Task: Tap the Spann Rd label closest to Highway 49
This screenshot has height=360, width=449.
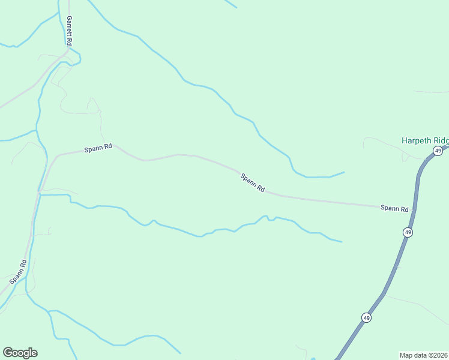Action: pyautogui.click(x=394, y=208)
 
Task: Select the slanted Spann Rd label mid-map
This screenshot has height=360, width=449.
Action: pyautogui.click(x=252, y=182)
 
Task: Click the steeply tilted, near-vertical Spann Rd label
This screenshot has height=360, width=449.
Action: pyautogui.click(x=19, y=272)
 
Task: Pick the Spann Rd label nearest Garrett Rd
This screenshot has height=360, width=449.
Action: pyautogui.click(x=98, y=147)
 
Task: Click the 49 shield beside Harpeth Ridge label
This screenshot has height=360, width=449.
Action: pyautogui.click(x=438, y=151)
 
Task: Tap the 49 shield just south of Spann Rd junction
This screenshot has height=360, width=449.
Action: pyautogui.click(x=408, y=232)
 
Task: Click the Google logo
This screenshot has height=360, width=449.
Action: pyautogui.click(x=20, y=353)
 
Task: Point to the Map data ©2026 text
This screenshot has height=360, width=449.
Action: pyautogui.click(x=424, y=355)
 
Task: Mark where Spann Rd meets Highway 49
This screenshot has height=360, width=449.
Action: pyautogui.click(x=414, y=210)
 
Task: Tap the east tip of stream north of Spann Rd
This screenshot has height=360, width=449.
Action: pyautogui.click(x=344, y=172)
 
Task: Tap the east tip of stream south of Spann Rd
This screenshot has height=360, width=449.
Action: pyautogui.click(x=342, y=242)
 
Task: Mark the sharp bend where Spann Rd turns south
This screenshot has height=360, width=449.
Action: pyautogui.click(x=55, y=157)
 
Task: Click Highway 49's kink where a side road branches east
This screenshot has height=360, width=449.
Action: pyautogui.click(x=383, y=294)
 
